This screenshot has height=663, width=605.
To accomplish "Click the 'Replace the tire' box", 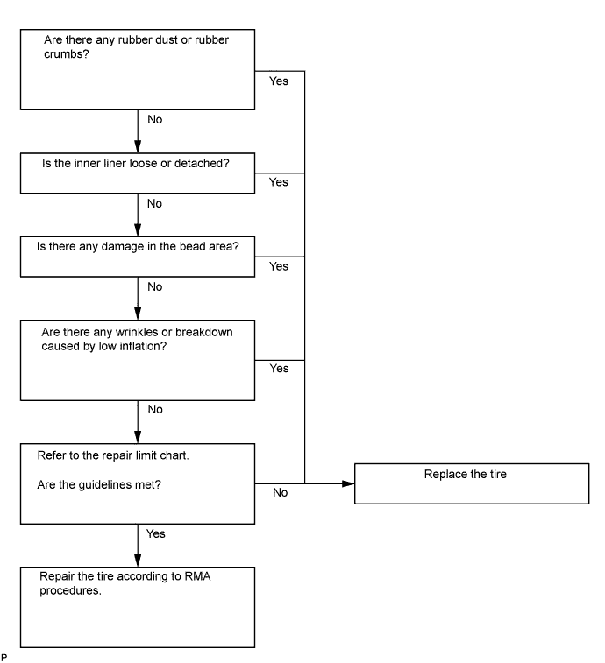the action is click(472, 483).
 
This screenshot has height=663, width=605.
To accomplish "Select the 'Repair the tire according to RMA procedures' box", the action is click(138, 607).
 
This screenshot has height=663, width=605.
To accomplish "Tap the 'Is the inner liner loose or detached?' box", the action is click(138, 173).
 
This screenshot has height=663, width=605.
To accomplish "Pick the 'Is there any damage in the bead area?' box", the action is click(138, 257).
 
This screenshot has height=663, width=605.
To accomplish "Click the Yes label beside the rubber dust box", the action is click(279, 81).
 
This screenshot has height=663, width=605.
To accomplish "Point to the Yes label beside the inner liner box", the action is click(279, 182).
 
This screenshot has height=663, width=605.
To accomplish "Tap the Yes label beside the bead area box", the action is click(279, 266).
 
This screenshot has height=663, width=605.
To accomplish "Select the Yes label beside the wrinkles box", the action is click(279, 369).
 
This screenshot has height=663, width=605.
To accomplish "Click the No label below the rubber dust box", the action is click(155, 120).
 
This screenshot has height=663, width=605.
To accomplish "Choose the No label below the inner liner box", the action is click(154, 204).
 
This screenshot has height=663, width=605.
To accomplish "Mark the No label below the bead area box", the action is click(155, 287).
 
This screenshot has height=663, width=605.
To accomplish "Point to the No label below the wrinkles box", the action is click(155, 409).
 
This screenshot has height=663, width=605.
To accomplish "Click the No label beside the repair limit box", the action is click(281, 492).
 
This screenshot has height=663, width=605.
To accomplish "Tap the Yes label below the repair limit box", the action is click(156, 533).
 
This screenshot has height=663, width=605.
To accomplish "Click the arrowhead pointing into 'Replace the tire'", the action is click(348, 483).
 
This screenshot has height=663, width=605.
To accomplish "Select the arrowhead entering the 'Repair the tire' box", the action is click(138, 561).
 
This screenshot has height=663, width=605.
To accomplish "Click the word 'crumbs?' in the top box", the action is click(67, 54).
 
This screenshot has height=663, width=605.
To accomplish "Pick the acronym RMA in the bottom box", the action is click(197, 576).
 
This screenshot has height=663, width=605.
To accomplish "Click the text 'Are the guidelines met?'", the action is click(99, 485).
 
